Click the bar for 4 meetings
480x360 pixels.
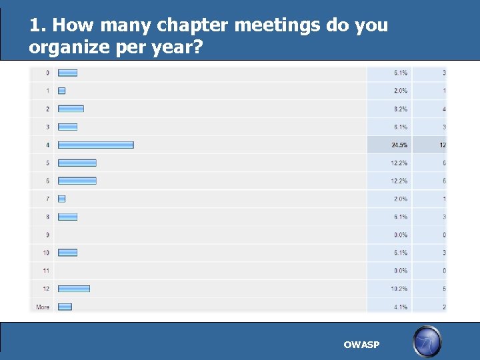[x=95, y=145]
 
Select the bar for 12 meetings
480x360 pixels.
[x=73, y=289]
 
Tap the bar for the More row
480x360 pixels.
[x=65, y=307]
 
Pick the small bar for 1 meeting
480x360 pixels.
[x=61, y=91]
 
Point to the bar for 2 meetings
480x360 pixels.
[x=71, y=109]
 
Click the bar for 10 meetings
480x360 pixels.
[x=67, y=253]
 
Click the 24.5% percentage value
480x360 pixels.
[x=400, y=145]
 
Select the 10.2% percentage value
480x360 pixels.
[x=400, y=289]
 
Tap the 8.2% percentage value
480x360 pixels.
[x=400, y=109]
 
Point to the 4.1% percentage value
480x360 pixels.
[x=400, y=307]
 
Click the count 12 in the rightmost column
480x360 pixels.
[x=443, y=145]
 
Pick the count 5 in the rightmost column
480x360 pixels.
[x=444, y=289]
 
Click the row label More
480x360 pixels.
[x=43, y=307]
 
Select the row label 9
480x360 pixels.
[x=47, y=235]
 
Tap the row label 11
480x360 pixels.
[x=46, y=271]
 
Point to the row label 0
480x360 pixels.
[x=47, y=73]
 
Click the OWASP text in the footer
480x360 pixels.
[x=361, y=345]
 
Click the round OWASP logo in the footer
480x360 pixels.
[x=427, y=341]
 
